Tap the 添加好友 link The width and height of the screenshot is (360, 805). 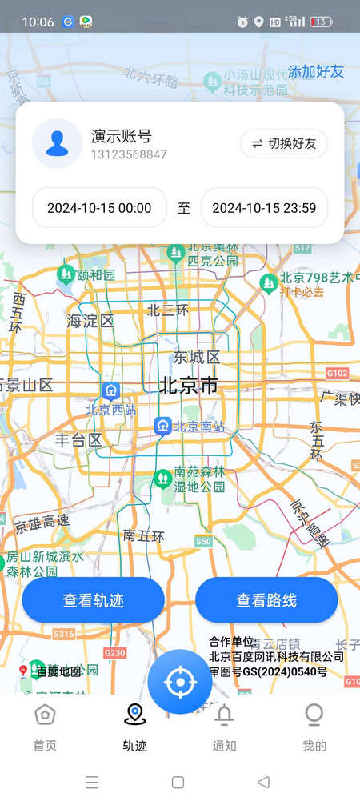(x=316, y=71)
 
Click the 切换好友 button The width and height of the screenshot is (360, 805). (x=284, y=144)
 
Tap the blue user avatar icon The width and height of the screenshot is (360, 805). (x=57, y=144)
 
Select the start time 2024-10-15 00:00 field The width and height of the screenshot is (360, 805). (x=99, y=208)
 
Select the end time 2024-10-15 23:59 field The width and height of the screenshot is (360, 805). (x=264, y=208)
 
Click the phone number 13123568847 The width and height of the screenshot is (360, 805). (x=129, y=154)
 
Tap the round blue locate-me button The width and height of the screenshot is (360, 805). (x=180, y=682)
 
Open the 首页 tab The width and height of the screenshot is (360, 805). (x=45, y=727)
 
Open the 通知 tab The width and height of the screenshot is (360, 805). (x=225, y=727)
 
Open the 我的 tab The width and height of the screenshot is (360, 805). (x=314, y=727)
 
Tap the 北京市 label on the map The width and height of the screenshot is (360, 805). (x=189, y=386)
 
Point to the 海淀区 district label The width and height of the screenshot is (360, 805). (x=90, y=321)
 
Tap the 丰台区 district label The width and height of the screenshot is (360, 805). (x=78, y=439)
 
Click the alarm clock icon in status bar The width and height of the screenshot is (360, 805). (x=242, y=22)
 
